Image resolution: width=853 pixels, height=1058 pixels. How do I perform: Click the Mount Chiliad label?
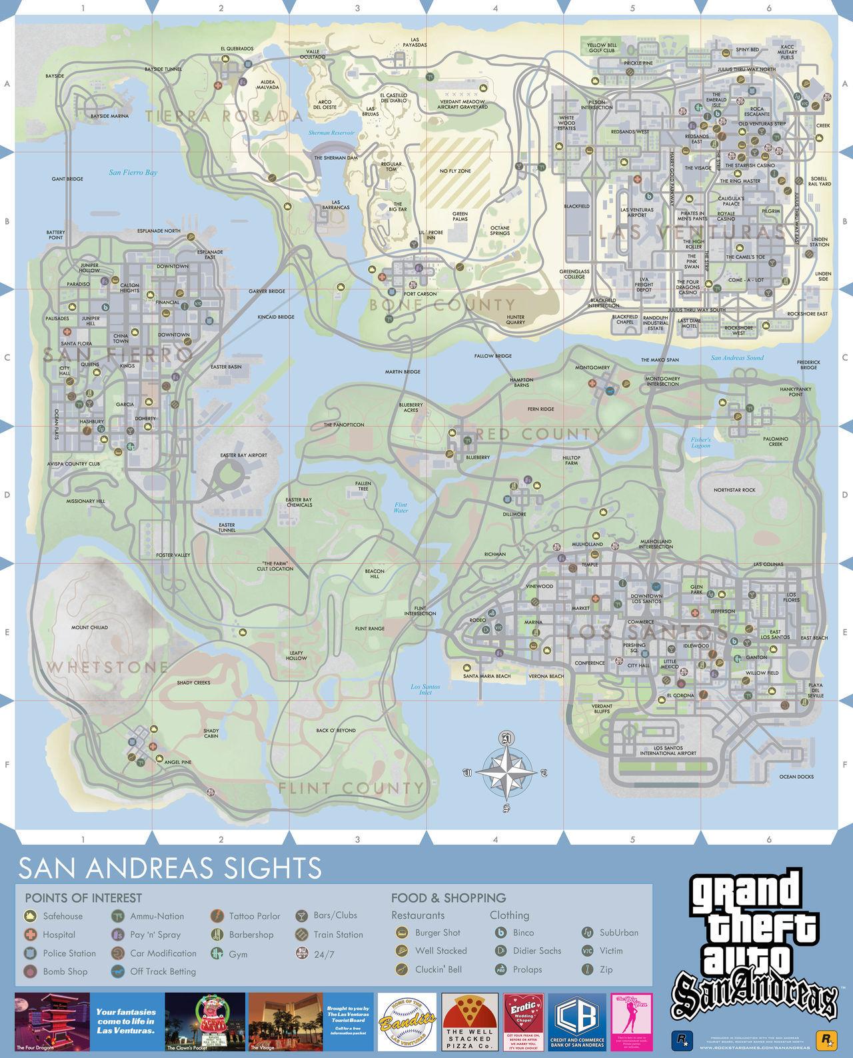click(89, 627)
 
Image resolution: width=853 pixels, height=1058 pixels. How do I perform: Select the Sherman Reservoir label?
click(331, 133)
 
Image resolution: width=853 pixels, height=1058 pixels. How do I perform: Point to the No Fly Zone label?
click(455, 171)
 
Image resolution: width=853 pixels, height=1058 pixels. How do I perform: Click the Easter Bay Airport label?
click(244, 455)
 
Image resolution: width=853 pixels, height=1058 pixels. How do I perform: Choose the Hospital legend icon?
click(30, 935)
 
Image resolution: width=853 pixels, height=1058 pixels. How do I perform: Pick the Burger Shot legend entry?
click(437, 933)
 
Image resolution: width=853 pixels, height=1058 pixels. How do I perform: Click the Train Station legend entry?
click(337, 935)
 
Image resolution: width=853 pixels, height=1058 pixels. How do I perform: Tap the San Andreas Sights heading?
click(170, 868)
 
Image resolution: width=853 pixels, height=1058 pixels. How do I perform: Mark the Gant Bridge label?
click(67, 179)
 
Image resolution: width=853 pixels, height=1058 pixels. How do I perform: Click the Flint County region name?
click(351, 788)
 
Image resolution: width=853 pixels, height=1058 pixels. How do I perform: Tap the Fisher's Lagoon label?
click(701, 443)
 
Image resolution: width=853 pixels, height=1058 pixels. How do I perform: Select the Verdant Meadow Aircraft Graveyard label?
click(462, 104)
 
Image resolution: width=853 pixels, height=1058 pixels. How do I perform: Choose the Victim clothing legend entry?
click(610, 951)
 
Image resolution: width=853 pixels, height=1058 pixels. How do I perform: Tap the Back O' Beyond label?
click(336, 731)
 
